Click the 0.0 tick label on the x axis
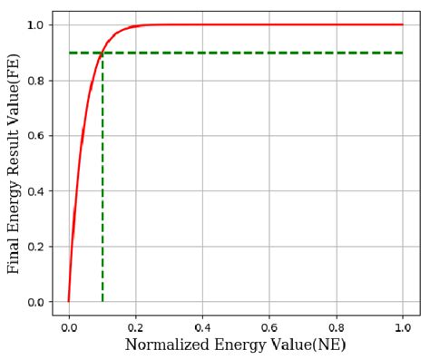pyautogui.click(x=69, y=327)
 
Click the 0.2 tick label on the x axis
pyautogui.click(x=135, y=327)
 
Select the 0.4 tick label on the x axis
pyautogui.click(x=202, y=327)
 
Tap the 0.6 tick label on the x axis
pyautogui.click(x=269, y=327)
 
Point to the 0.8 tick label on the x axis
pyautogui.click(x=337, y=327)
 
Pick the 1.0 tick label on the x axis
pyautogui.click(x=403, y=327)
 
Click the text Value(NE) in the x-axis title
pyautogui.click(x=308, y=345)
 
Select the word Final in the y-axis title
pyautogui.click(x=14, y=255)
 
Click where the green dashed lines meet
pyautogui.click(x=103, y=53)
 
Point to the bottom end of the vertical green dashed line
pyautogui.click(x=103, y=301)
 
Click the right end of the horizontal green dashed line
pyautogui.click(x=403, y=53)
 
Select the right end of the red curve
pyautogui.click(x=403, y=24)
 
